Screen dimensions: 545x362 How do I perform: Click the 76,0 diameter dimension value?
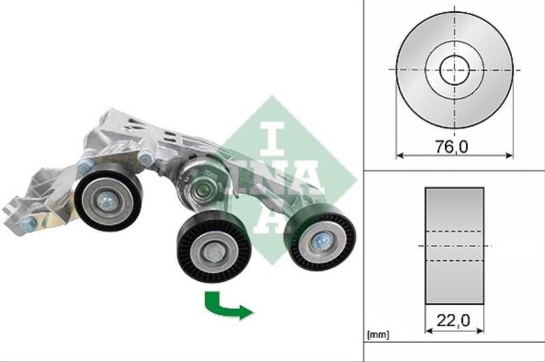(x=452, y=147)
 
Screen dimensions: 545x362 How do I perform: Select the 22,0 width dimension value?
(x=453, y=320)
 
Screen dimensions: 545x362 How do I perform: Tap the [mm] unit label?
(x=378, y=335)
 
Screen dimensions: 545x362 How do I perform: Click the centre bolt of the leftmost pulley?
(x=107, y=201)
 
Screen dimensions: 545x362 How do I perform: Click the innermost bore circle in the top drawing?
(x=454, y=70)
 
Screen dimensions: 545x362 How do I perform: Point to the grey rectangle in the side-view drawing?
(x=454, y=246)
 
